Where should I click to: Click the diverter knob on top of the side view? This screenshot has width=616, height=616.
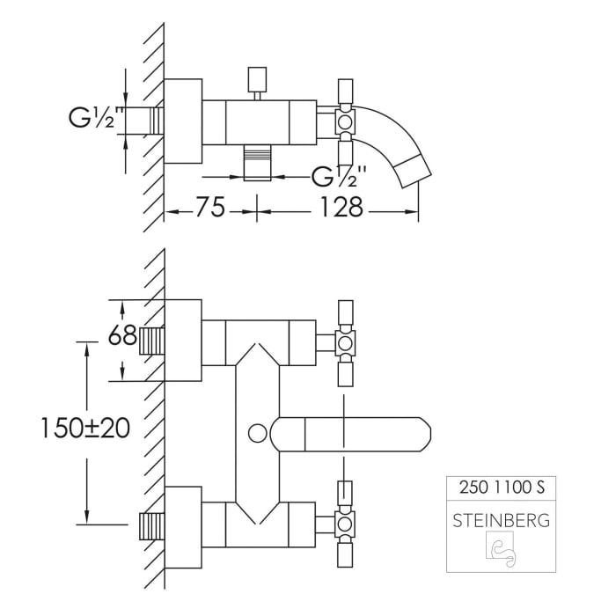tap(258, 80)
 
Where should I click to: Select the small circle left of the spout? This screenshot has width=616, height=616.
tap(257, 432)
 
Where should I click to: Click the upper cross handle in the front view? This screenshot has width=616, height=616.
tap(345, 341)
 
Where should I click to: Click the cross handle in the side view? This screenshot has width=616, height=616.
tap(345, 121)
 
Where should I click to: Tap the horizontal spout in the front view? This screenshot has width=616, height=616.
tap(352, 432)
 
